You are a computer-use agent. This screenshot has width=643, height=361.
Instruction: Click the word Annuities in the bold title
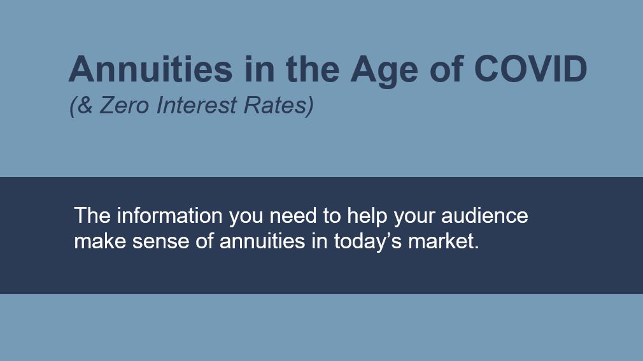150,69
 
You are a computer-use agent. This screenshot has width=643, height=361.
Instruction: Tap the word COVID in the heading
531,69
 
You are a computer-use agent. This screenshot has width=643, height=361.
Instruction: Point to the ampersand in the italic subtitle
85,105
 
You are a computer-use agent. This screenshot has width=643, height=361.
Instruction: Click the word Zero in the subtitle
124,105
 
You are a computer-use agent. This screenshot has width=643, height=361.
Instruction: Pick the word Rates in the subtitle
275,105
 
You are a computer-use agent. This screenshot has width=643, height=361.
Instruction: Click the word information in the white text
170,215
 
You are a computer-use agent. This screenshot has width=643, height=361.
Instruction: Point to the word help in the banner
367,217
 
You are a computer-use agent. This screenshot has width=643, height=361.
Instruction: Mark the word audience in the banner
484,215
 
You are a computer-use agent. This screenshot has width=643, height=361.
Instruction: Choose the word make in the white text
100,241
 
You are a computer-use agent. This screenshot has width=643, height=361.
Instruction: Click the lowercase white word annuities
262,241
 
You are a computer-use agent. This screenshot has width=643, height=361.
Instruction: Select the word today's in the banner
367,242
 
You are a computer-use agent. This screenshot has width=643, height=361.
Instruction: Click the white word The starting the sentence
92,215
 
